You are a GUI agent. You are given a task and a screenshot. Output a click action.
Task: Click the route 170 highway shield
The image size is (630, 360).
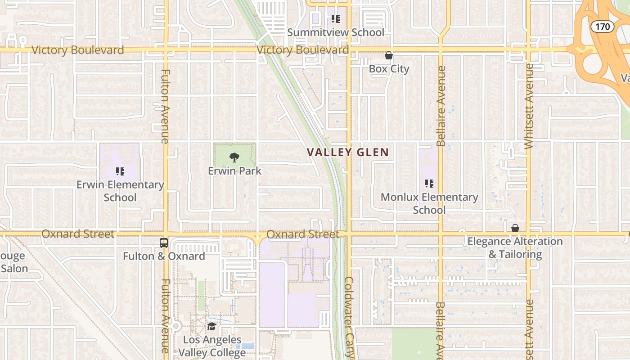pos(602,27)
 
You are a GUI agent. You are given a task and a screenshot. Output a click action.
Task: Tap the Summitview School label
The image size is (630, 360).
pos(336,32)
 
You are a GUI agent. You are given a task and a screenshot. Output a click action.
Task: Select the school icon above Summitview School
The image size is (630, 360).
pos(336,19)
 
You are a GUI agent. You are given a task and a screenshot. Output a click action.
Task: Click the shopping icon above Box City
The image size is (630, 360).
pos(389,56)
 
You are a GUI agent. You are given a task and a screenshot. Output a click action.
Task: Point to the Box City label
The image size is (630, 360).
pos(389,69)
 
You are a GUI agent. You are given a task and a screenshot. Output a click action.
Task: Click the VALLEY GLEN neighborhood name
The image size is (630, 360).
pos(348,152)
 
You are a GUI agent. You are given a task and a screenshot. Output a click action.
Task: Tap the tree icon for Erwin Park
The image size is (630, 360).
pos(234,157)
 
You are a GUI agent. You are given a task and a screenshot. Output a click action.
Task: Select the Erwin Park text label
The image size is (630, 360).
pos(234,171)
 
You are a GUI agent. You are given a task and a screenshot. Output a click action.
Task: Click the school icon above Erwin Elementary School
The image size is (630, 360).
pos(120,171)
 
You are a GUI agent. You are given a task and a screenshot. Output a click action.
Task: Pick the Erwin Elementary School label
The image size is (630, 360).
pos(120,191)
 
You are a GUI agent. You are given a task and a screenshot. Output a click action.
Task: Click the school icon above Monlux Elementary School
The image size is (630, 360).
pos(429,184)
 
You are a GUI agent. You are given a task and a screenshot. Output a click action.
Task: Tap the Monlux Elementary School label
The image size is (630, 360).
pos(429,203)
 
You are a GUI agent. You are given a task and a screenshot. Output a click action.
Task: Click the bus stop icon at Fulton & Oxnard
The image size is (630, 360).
pos(164,243)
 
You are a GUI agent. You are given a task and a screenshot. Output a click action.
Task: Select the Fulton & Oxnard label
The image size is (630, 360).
pos(164,256)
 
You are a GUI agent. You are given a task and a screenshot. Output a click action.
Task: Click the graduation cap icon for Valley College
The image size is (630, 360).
pos(211,327)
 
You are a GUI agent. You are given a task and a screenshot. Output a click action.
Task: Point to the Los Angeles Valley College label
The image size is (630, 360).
pos(212,346)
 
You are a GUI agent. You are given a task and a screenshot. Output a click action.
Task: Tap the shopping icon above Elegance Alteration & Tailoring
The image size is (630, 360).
pos(515,229)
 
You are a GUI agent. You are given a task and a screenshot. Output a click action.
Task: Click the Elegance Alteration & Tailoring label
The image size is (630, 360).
pos(515,248)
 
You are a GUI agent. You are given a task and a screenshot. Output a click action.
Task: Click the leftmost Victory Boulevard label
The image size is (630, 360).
pos(77,50)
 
